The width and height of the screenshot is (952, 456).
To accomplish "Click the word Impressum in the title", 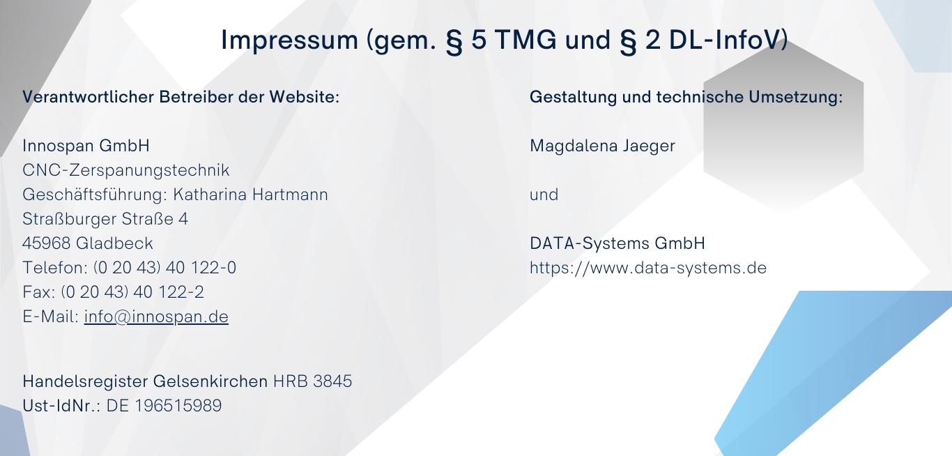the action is (289, 40).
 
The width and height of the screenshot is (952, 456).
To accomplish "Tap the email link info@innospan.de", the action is (156, 317).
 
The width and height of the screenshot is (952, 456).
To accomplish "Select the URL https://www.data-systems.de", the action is (648, 268).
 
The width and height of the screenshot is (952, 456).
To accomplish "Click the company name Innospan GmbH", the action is (86, 146).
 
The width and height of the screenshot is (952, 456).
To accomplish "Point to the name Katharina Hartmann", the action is (250, 195).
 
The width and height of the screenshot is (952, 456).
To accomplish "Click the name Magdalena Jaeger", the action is (602, 146).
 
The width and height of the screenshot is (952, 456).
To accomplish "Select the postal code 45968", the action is (46, 243).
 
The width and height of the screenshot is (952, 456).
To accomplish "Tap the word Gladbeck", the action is (114, 243).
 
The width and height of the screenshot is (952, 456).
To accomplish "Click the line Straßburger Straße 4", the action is (105, 219).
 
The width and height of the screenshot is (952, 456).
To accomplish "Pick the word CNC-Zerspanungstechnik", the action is (126, 170).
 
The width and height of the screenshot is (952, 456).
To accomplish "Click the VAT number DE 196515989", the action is (164, 405).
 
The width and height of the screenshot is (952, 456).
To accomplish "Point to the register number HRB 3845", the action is (312, 381).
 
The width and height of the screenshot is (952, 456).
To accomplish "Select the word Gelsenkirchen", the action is (210, 381).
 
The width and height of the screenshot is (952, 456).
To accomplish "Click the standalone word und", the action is (544, 195).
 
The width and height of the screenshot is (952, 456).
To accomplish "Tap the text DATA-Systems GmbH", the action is (617, 243).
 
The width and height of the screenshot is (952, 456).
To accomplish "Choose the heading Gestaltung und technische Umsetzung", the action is (686, 97).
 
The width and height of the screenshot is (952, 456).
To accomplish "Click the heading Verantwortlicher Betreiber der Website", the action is (181, 97).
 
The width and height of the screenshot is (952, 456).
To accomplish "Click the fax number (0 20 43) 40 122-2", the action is (132, 292).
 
